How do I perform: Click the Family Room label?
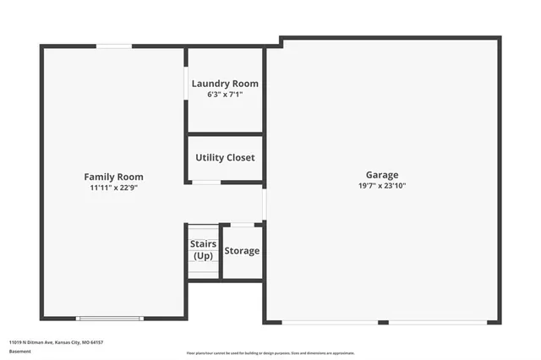pyautogui.click(x=113, y=177)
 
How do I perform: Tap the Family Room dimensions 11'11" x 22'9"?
pyautogui.click(x=113, y=188)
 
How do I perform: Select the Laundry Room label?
pyautogui.click(x=225, y=84)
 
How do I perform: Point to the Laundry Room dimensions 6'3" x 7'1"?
pyautogui.click(x=225, y=95)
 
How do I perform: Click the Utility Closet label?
pyautogui.click(x=225, y=157)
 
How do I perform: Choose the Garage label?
pyautogui.click(x=382, y=175)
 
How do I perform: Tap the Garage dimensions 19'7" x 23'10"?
pyautogui.click(x=382, y=186)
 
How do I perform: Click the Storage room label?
pyautogui.click(x=242, y=251)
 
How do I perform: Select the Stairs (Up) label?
pyautogui.click(x=203, y=250)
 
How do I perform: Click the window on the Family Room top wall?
pyautogui.click(x=113, y=46)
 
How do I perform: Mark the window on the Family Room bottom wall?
pyautogui.click(x=109, y=318)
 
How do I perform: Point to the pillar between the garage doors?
pyautogui.click(x=383, y=321)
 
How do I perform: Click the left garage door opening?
pyautogui.click(x=329, y=321)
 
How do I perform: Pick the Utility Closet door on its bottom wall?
pyautogui.click(x=206, y=182)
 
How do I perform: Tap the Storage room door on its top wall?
pyautogui.click(x=243, y=224)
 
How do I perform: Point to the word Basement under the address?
pyautogui.click(x=19, y=351)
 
